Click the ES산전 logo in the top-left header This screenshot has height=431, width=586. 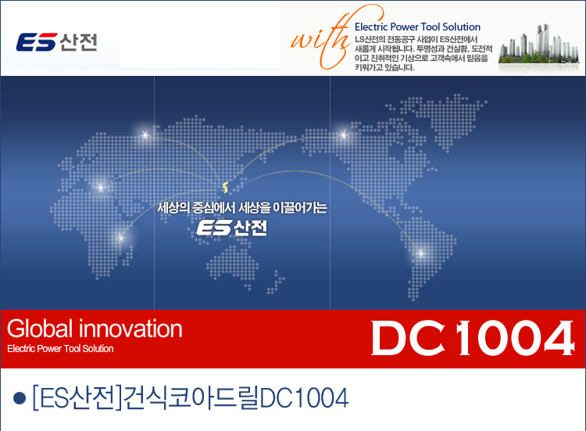(56, 42)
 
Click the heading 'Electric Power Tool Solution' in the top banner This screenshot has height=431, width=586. (417, 27)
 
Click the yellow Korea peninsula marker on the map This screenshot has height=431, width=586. (225, 187)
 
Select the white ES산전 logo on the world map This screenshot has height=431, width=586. (232, 228)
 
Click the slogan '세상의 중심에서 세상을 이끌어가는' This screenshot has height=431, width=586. (241, 207)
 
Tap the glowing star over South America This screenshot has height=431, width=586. (421, 253)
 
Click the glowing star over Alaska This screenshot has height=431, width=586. (344, 135)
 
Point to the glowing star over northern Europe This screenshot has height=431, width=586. (145, 135)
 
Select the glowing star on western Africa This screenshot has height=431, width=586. (100, 187)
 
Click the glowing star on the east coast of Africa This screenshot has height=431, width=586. (120, 238)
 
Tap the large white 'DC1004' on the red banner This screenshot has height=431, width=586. (473, 338)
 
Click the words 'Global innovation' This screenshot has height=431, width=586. (95, 329)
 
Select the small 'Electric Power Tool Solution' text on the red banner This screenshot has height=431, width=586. (60, 349)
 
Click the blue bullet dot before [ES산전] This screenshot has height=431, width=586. (20, 398)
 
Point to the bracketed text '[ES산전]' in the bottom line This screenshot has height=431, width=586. (77, 397)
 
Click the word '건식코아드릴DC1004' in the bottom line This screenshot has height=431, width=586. (236, 397)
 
